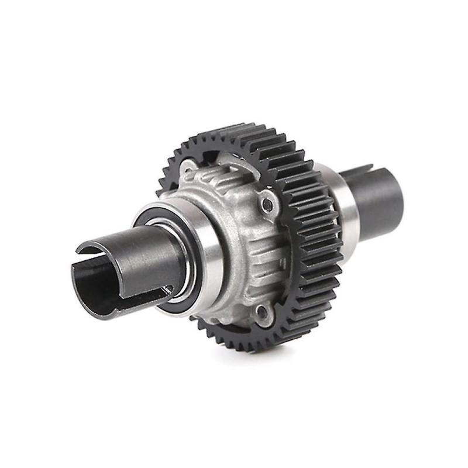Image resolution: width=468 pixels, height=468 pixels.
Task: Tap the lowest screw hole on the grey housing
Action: click(261, 313)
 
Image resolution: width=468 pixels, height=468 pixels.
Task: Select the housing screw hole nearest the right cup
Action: click(267, 204)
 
